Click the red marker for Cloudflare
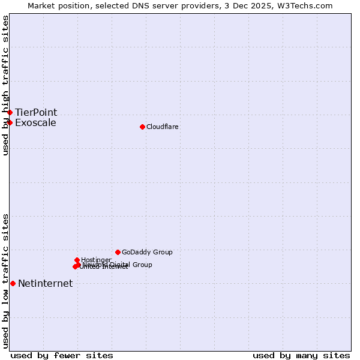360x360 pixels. click(x=142, y=127)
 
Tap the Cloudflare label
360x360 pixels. click(x=163, y=127)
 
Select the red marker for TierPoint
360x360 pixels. click(x=10, y=112)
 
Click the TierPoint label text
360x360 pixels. click(x=36, y=112)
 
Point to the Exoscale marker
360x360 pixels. click(x=10, y=122)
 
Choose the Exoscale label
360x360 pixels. click(x=35, y=123)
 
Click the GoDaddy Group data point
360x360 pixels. click(x=118, y=252)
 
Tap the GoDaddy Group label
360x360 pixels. click(x=147, y=252)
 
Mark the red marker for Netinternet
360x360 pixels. click(x=13, y=283)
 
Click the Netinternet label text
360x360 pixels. click(x=45, y=284)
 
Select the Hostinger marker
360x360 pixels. click(x=77, y=260)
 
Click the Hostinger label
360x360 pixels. click(x=96, y=260)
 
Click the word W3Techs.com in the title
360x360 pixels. click(x=304, y=5)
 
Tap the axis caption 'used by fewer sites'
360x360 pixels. click(x=62, y=355)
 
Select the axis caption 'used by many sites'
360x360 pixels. click(x=301, y=355)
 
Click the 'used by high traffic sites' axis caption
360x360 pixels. click(x=5, y=85)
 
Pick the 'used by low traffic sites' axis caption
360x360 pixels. click(x=5, y=280)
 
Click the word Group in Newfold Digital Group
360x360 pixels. click(x=142, y=265)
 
